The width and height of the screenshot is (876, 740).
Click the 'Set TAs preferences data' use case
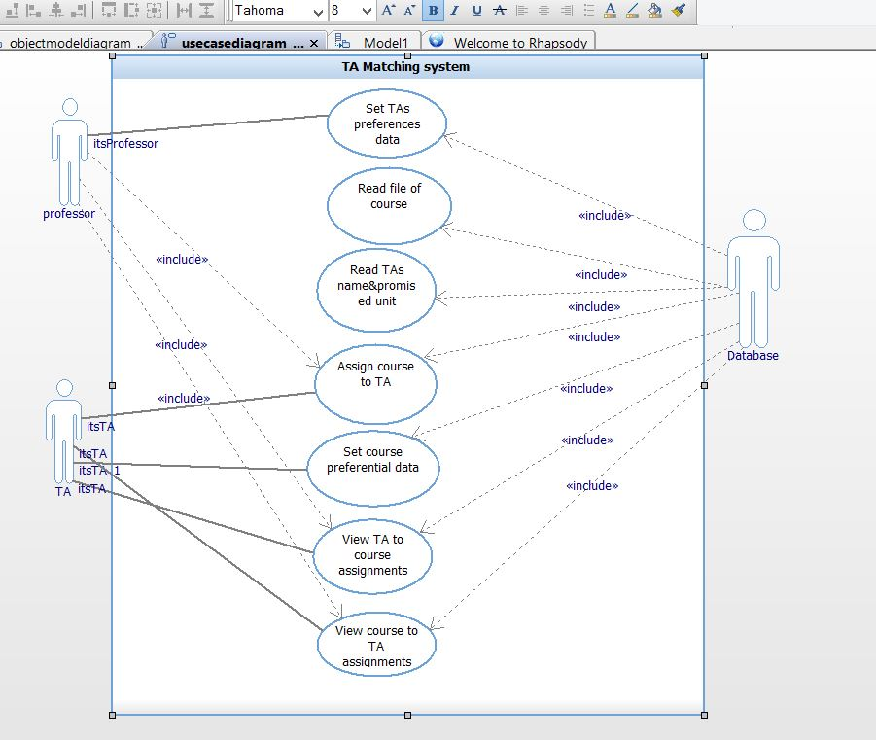[x=386, y=124]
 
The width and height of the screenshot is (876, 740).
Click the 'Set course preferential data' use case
[x=372, y=467]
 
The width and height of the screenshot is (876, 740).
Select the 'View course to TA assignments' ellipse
[x=376, y=644]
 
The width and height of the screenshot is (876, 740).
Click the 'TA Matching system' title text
[x=405, y=67]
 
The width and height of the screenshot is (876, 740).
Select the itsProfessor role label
[x=125, y=144]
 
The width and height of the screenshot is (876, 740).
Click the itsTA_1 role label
[x=99, y=471]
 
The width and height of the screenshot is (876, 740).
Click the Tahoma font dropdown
[x=278, y=11]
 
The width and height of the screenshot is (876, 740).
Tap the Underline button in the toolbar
[x=476, y=11]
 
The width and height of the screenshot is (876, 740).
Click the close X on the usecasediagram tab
[x=314, y=44]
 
